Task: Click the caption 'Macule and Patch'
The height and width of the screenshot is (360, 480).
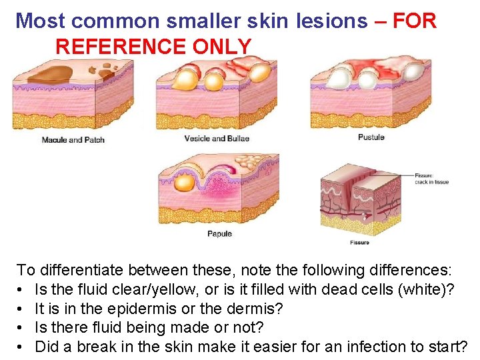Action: click(x=73, y=140)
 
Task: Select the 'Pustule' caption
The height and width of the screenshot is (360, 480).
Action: click(x=371, y=137)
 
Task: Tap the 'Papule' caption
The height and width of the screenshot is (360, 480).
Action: click(x=219, y=234)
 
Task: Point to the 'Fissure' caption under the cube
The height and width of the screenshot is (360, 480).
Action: click(x=359, y=243)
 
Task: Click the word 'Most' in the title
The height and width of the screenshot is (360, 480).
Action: click(x=41, y=21)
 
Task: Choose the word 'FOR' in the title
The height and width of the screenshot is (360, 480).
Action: click(x=415, y=21)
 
